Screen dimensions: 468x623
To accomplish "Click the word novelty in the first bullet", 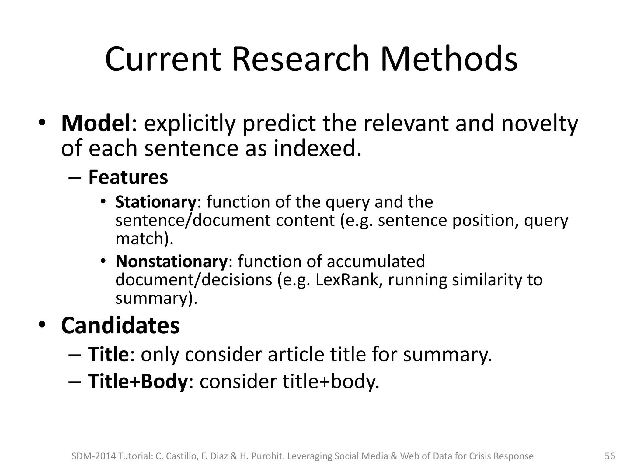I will (539, 123).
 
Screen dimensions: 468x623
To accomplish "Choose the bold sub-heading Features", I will (128, 177).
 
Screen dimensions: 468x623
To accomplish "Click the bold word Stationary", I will (156, 202).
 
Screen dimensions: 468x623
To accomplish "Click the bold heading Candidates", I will (120, 325).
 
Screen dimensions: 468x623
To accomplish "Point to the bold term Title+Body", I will (138, 381).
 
